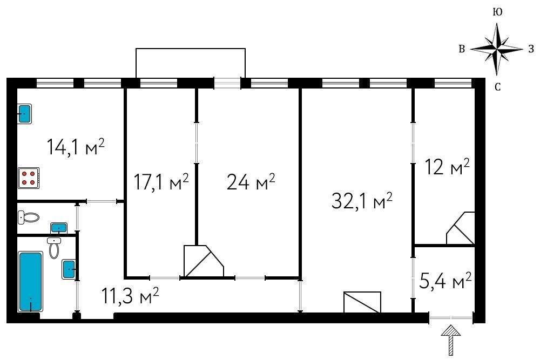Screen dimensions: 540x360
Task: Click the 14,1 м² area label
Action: [76, 147]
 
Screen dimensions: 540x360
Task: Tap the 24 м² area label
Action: [251, 181]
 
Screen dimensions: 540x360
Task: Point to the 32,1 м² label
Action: [362, 201]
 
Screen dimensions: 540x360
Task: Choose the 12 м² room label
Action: [447, 167]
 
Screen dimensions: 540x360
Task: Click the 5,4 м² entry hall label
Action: [446, 281]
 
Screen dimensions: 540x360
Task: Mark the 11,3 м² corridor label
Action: [130, 296]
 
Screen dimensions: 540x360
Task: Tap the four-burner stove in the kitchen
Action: [29, 178]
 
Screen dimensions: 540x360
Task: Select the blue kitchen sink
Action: [25, 114]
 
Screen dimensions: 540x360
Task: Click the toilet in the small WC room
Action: [28, 217]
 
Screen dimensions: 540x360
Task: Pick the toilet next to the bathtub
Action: [55, 247]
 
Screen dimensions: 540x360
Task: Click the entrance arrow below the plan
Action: [451, 340]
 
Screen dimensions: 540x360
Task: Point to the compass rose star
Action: [497, 49]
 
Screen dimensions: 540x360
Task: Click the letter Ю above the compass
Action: [497, 12]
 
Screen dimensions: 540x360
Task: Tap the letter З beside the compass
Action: [531, 49]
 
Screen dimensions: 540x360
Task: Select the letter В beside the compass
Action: [462, 49]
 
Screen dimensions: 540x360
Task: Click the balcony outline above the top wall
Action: [191, 49]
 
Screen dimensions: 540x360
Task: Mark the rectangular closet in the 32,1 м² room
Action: [362, 302]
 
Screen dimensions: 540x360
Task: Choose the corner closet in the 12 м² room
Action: [461, 228]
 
